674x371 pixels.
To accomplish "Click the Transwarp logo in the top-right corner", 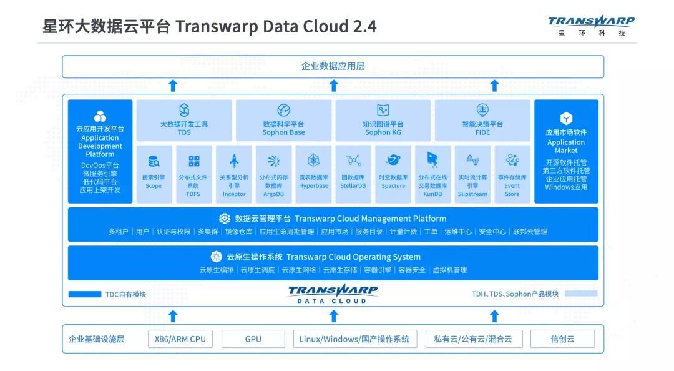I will pyautogui.click(x=591, y=24).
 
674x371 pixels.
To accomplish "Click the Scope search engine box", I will pyautogui.click(x=154, y=174).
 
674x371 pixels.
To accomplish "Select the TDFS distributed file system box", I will pyautogui.click(x=193, y=174).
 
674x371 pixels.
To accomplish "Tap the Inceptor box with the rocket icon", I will pyautogui.click(x=234, y=174).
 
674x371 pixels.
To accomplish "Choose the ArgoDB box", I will pyautogui.click(x=273, y=174).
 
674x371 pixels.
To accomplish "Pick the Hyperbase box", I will pyautogui.click(x=313, y=174).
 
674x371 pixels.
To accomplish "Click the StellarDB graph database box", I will pyautogui.click(x=353, y=174).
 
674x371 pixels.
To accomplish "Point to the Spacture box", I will pyautogui.click(x=393, y=174).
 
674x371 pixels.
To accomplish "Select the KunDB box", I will pyautogui.click(x=432, y=174).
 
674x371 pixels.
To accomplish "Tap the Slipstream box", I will pyautogui.click(x=472, y=174).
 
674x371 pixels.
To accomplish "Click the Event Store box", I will pyautogui.click(x=512, y=174).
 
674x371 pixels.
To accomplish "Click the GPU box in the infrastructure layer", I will pyautogui.click(x=253, y=339).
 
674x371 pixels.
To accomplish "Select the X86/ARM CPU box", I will pyautogui.click(x=180, y=339).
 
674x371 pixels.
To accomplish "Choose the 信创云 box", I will pyautogui.click(x=562, y=339).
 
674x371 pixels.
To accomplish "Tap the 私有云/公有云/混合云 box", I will pyautogui.click(x=472, y=339).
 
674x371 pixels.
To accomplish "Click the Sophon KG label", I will pyautogui.click(x=383, y=132).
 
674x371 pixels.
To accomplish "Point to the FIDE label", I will pyautogui.click(x=482, y=132).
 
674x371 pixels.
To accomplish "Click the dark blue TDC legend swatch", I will pyautogui.click(x=84, y=294).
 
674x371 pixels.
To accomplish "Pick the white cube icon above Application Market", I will pyautogui.click(x=566, y=118).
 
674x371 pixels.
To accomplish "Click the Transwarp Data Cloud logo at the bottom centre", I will pyautogui.click(x=333, y=294).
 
